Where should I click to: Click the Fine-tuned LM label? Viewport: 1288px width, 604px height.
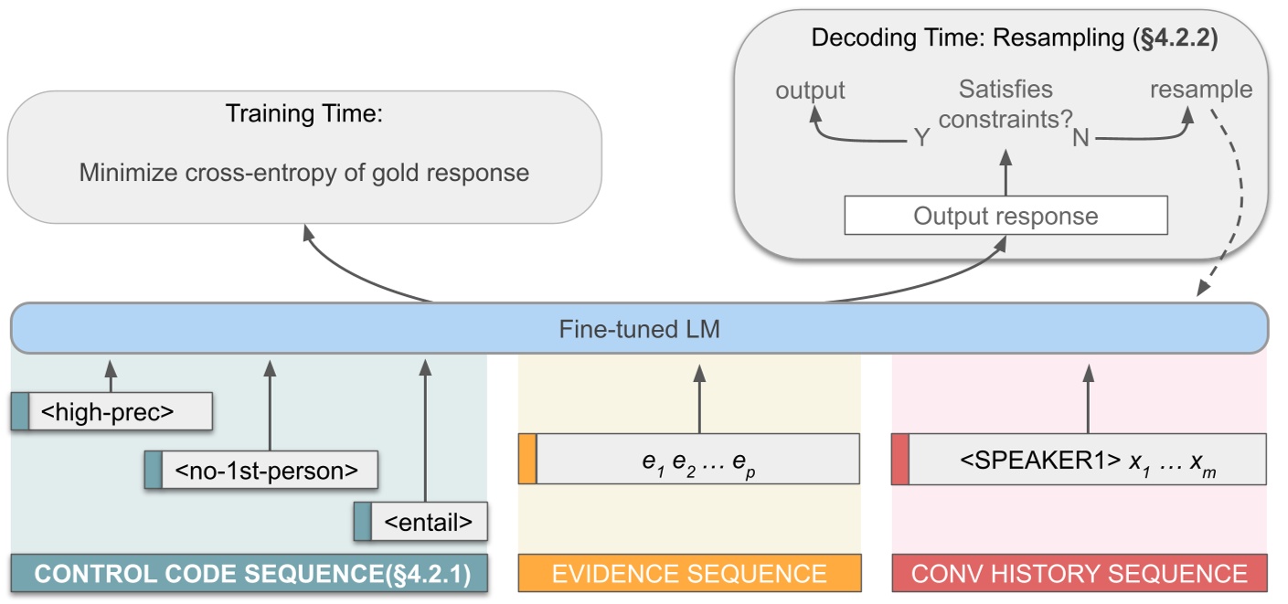[x=639, y=328]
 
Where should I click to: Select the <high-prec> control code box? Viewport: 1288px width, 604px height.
[x=112, y=412]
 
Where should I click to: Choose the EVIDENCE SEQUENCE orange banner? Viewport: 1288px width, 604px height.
[x=689, y=574]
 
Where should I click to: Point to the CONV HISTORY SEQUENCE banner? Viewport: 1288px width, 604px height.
[x=1080, y=574]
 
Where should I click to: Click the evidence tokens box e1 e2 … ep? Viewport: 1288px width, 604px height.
[x=698, y=459]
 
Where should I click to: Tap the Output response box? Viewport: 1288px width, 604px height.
[x=1005, y=217]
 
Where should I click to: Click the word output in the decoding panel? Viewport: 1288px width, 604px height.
[x=810, y=90]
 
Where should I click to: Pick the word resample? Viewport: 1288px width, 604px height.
[x=1200, y=90]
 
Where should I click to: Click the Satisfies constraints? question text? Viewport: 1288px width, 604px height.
[x=1005, y=103]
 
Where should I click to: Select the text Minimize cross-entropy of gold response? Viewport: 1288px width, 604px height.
[x=303, y=172]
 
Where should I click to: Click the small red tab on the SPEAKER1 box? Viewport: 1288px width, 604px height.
[x=899, y=459]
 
